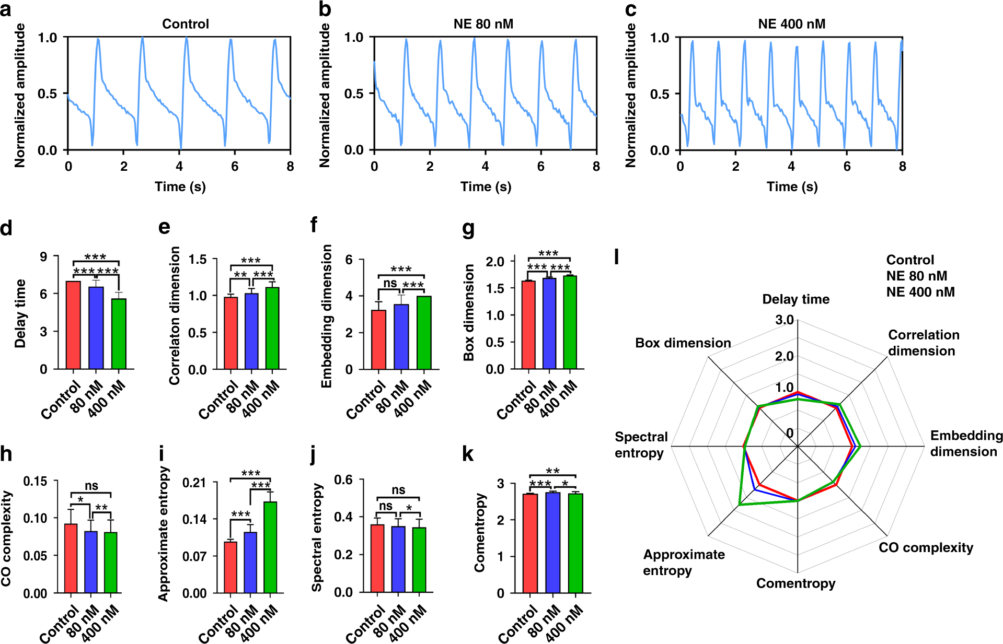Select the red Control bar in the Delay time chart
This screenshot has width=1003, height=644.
pyautogui.click(x=73, y=325)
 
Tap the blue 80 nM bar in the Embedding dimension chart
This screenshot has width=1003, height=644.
pyautogui.click(x=401, y=337)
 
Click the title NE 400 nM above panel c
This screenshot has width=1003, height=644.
pyautogui.click(x=791, y=24)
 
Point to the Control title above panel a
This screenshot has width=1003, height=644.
pyautogui.click(x=185, y=24)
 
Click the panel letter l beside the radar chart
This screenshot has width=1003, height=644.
pyautogui.click(x=617, y=257)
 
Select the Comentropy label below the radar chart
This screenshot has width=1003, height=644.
pyautogui.click(x=796, y=583)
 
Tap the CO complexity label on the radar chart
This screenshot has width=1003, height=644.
pyautogui.click(x=926, y=548)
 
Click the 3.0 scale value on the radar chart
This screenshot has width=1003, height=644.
pyautogui.click(x=784, y=320)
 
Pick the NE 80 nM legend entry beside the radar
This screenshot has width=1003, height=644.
pyautogui.click(x=916, y=276)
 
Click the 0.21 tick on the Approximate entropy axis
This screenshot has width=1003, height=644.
pyautogui.click(x=194, y=483)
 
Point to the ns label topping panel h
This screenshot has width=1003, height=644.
pyautogui.click(x=91, y=486)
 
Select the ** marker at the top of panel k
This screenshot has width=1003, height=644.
pyautogui.click(x=552, y=471)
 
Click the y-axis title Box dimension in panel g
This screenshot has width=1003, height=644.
pyautogui.click(x=469, y=312)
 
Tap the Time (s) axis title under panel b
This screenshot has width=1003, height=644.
pyautogui.click(x=486, y=187)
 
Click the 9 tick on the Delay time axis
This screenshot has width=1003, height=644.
pyautogui.click(x=43, y=257)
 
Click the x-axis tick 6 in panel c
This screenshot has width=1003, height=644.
pyautogui.click(x=847, y=167)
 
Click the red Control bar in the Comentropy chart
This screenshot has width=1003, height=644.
pyautogui.click(x=530, y=543)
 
